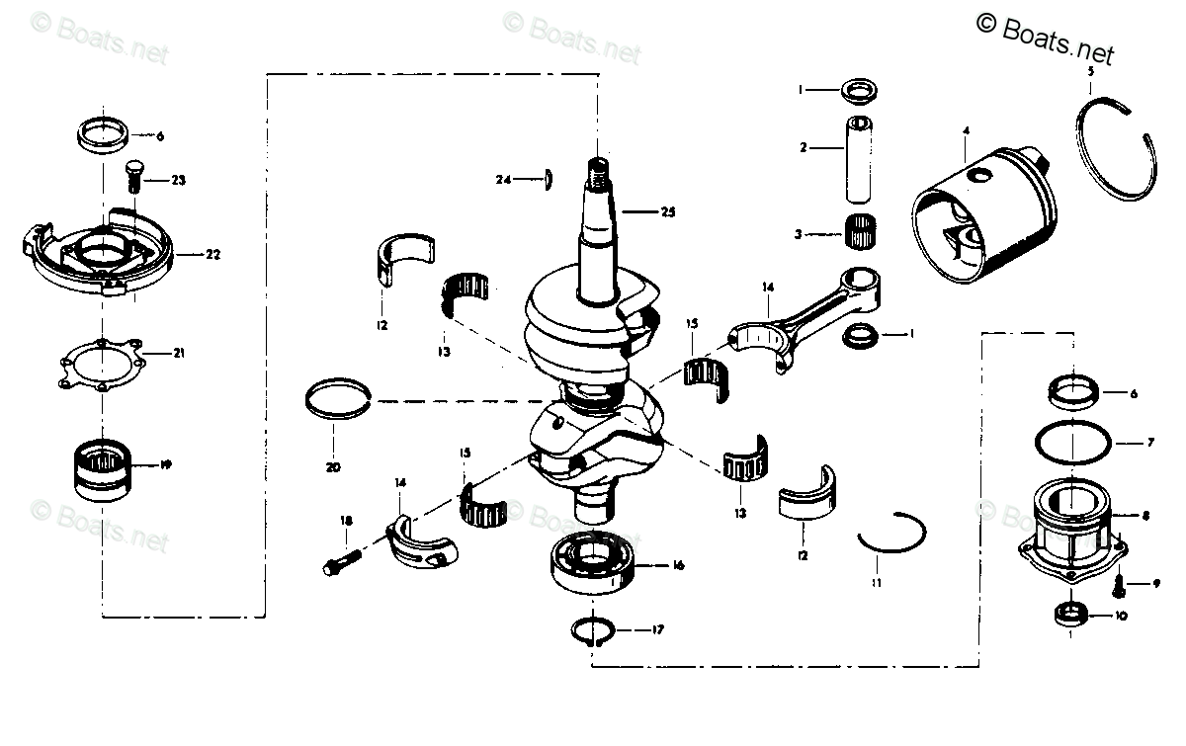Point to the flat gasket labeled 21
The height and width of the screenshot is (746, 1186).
(99, 362)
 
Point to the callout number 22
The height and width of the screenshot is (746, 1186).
(212, 254)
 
